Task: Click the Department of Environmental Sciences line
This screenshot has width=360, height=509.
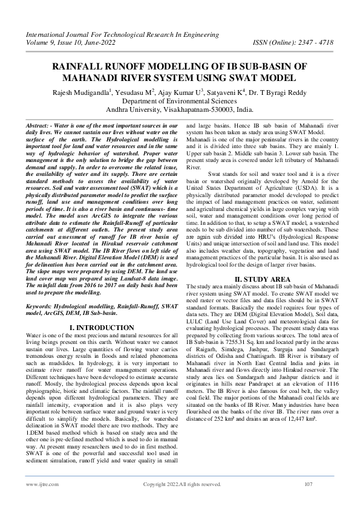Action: point(180,101)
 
